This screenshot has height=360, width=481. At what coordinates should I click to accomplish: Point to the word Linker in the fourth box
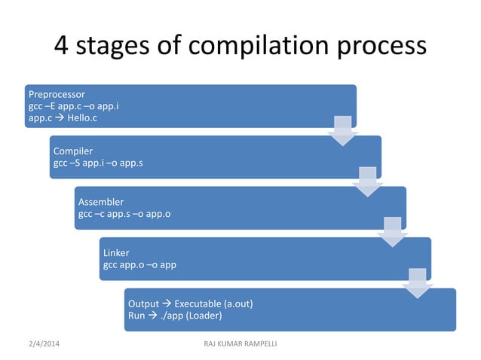pos(116,253)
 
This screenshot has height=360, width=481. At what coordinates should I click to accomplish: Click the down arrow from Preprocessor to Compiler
pos(342,130)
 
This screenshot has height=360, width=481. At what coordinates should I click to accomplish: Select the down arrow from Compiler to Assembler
pos(367,182)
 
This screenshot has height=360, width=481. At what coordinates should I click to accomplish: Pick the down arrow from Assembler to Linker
pos(393,232)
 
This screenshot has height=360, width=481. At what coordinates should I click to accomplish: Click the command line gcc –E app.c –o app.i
pos(73,106)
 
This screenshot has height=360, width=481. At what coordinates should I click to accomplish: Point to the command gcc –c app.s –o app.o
pos(124,214)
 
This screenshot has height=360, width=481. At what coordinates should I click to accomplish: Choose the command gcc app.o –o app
pos(140,265)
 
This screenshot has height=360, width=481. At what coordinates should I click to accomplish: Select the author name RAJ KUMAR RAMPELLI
pos(240,344)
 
